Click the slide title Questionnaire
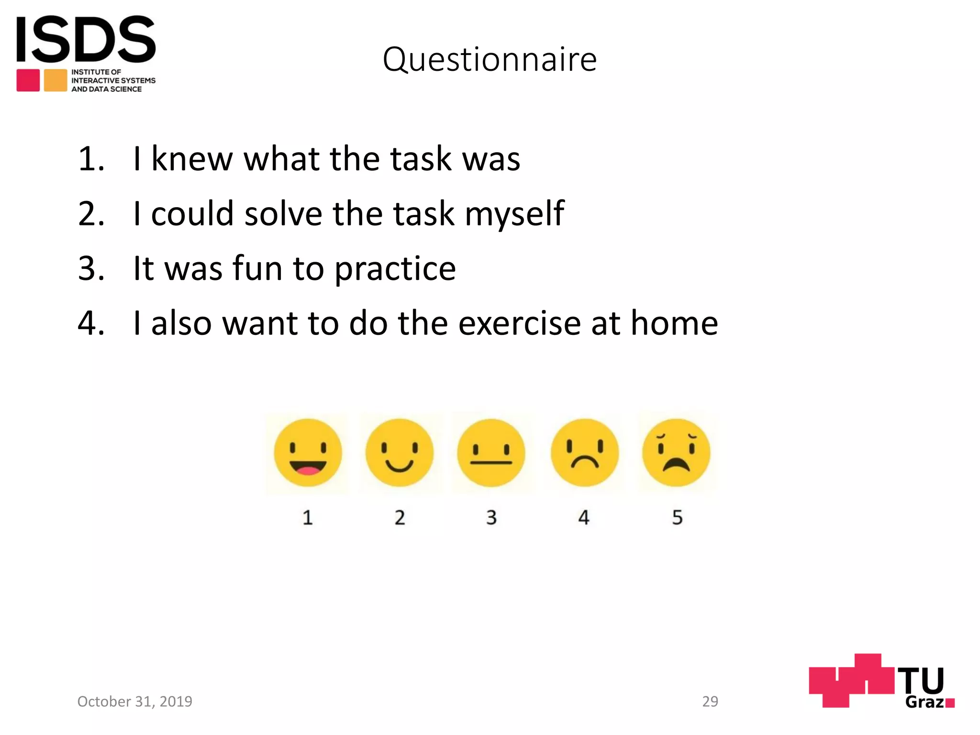tap(490, 60)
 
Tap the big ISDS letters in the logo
tap(86, 39)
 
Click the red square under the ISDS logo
tap(28, 80)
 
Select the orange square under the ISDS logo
tap(56, 80)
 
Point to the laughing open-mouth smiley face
tap(308, 453)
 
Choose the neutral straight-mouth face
tap(491, 453)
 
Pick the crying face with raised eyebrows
tap(676, 453)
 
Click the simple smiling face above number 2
tap(400, 453)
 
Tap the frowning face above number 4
tap(584, 453)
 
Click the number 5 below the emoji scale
tap(677, 517)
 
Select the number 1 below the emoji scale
tap(308, 517)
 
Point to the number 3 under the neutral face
tap(491, 517)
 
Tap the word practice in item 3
tap(395, 269)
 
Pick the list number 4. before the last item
tap(91, 323)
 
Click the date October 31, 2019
tap(134, 702)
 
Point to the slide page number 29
tap(710, 702)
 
